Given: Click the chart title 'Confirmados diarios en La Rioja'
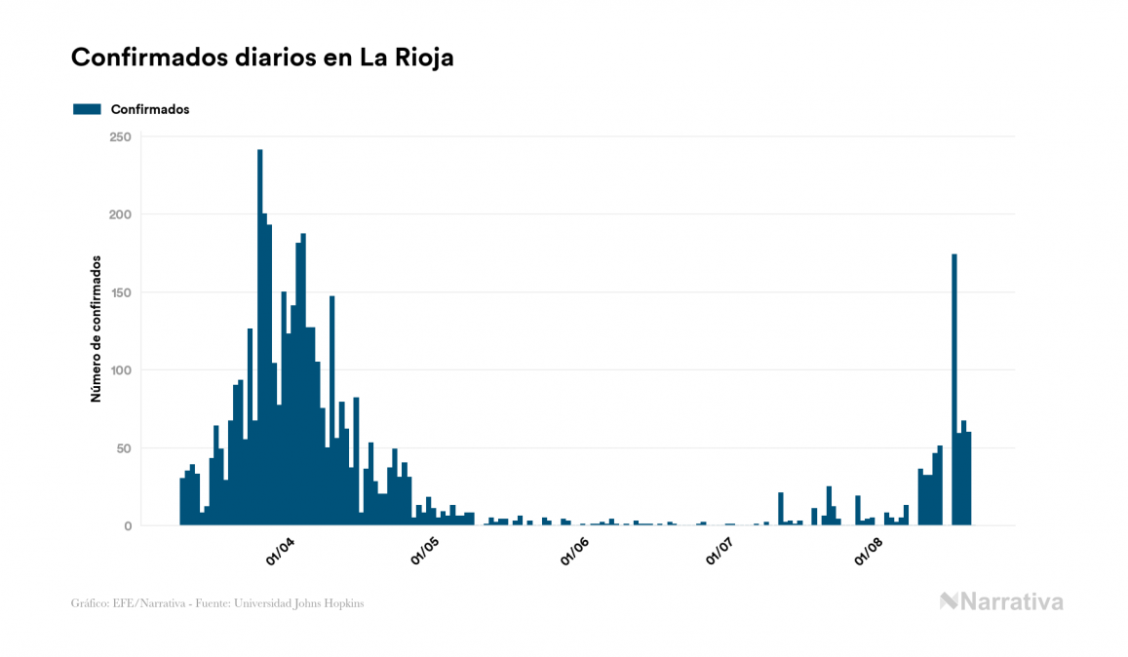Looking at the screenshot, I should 262,58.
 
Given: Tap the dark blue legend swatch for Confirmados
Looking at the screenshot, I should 87,109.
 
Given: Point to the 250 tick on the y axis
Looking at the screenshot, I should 120,136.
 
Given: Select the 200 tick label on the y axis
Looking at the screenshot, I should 120,214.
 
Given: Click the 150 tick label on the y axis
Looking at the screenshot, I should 120,292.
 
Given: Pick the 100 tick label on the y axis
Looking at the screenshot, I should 120,370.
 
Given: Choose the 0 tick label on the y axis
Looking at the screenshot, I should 127,526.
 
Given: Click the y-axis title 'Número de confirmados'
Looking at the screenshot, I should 97,328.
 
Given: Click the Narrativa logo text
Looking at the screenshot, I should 1011,601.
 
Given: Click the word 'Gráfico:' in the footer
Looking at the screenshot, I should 90,603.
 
